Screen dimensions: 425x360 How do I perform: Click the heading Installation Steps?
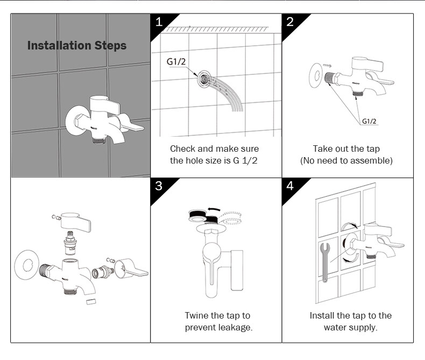[x=77, y=46]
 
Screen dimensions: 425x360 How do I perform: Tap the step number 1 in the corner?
[x=159, y=22]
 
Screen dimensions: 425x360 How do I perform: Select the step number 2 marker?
[x=290, y=22]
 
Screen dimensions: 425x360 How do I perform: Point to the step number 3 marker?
[x=159, y=186]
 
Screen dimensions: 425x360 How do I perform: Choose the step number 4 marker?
[x=290, y=186]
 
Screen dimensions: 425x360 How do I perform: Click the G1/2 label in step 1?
[x=176, y=61]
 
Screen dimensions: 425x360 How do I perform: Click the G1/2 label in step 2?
[x=369, y=121]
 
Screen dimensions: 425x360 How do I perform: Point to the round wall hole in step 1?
[x=204, y=79]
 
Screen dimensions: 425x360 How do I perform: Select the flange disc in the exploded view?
[x=27, y=265]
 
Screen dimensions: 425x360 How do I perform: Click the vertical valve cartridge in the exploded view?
[x=70, y=243]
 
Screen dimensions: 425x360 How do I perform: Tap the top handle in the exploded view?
[x=75, y=222]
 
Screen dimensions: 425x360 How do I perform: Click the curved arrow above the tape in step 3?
[x=214, y=209]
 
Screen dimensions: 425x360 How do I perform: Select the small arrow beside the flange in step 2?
[x=328, y=66]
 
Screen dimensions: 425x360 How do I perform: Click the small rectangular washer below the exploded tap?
[x=91, y=301]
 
